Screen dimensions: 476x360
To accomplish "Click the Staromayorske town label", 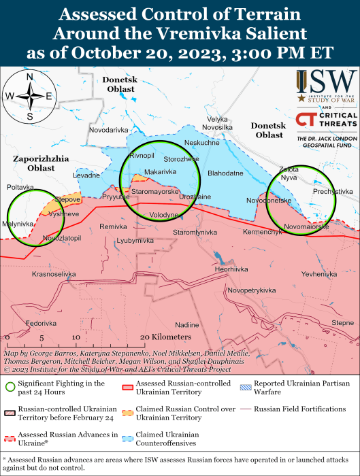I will coord(155,192).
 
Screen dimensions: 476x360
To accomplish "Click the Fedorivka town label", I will coord(41,323).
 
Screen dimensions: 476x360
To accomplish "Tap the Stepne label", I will coord(342,322).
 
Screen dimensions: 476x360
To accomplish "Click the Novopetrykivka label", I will coord(252,290).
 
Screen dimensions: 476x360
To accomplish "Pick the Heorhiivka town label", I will coord(232,269).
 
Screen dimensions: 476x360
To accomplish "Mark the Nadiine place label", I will coord(187,324).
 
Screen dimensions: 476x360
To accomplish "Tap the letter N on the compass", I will coord(30,78).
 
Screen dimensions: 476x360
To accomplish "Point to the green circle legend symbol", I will coord(10,388).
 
